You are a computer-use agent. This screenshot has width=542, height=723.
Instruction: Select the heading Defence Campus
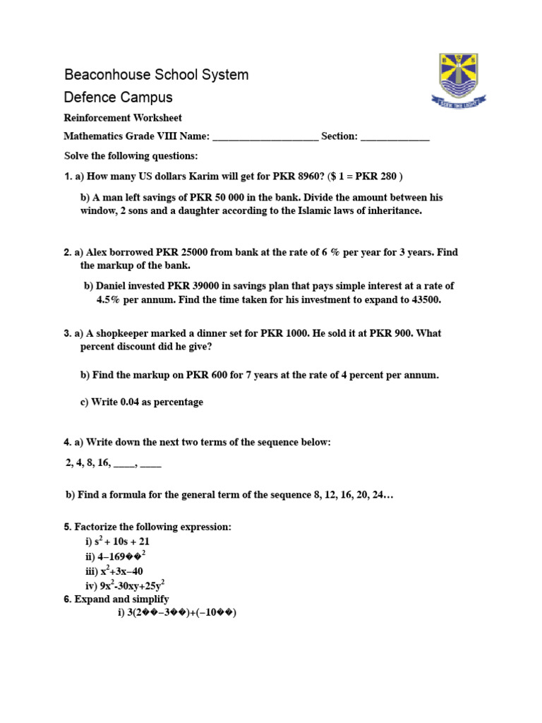tap(118, 97)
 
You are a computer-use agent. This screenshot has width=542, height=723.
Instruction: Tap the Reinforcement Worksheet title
tap(123, 118)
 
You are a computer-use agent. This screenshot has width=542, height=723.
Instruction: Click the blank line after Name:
tap(265, 137)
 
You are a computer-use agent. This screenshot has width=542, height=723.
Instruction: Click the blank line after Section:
tap(395, 137)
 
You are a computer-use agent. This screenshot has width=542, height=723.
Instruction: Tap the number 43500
tap(425, 300)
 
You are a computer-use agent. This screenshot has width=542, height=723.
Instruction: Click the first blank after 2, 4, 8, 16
tap(124, 464)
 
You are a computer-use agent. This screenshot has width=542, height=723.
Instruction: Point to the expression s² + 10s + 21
tap(122, 542)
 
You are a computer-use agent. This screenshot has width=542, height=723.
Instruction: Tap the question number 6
tap(67, 599)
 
